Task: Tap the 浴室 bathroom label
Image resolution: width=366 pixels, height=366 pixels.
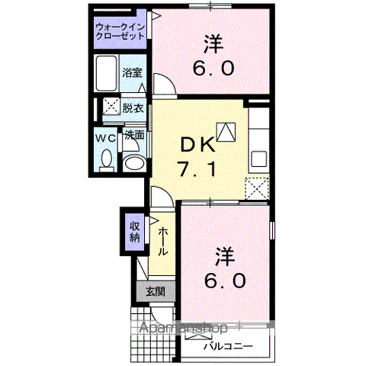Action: [132, 73]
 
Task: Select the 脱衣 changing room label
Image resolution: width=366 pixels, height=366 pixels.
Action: [134, 108]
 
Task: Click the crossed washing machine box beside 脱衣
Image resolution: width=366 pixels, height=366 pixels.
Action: [111, 108]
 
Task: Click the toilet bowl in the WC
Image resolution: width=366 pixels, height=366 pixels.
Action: [106, 158]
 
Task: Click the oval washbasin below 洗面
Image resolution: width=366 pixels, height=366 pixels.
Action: [134, 162]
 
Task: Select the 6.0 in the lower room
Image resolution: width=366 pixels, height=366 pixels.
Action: [226, 280]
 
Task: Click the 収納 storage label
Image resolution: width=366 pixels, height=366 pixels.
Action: [133, 230]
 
